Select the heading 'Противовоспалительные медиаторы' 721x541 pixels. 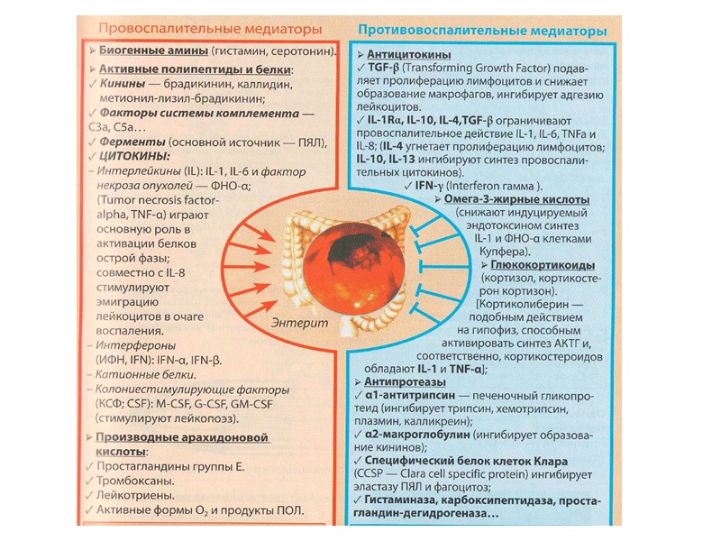click(482, 30)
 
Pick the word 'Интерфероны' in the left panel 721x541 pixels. click(136, 344)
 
